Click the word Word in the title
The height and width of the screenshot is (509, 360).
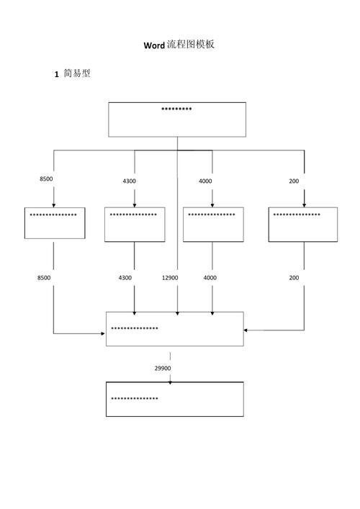tap(154, 45)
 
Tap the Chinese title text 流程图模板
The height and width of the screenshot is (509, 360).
tap(191, 45)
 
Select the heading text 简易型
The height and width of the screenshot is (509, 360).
tap(77, 73)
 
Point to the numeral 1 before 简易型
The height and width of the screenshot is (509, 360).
tap(56, 74)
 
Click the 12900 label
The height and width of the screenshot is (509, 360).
tap(170, 278)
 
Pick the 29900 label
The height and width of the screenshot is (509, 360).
tap(163, 368)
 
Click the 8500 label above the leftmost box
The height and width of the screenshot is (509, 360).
tap(46, 179)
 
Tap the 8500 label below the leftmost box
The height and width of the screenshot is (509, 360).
tap(44, 278)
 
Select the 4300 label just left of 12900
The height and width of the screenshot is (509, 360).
tap(125, 278)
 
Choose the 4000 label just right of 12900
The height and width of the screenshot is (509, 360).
tap(210, 278)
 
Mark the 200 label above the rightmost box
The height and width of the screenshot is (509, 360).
tap(294, 181)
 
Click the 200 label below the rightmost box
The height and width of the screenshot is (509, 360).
tap(294, 278)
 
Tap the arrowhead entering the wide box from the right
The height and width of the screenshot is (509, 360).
tap(246, 330)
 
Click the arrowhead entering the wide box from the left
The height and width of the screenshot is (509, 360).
tap(103, 333)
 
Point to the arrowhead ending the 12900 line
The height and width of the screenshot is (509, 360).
tap(177, 313)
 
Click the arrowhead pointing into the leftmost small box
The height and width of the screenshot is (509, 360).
tap(54, 205)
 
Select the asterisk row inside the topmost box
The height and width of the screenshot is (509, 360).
tap(176, 109)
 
